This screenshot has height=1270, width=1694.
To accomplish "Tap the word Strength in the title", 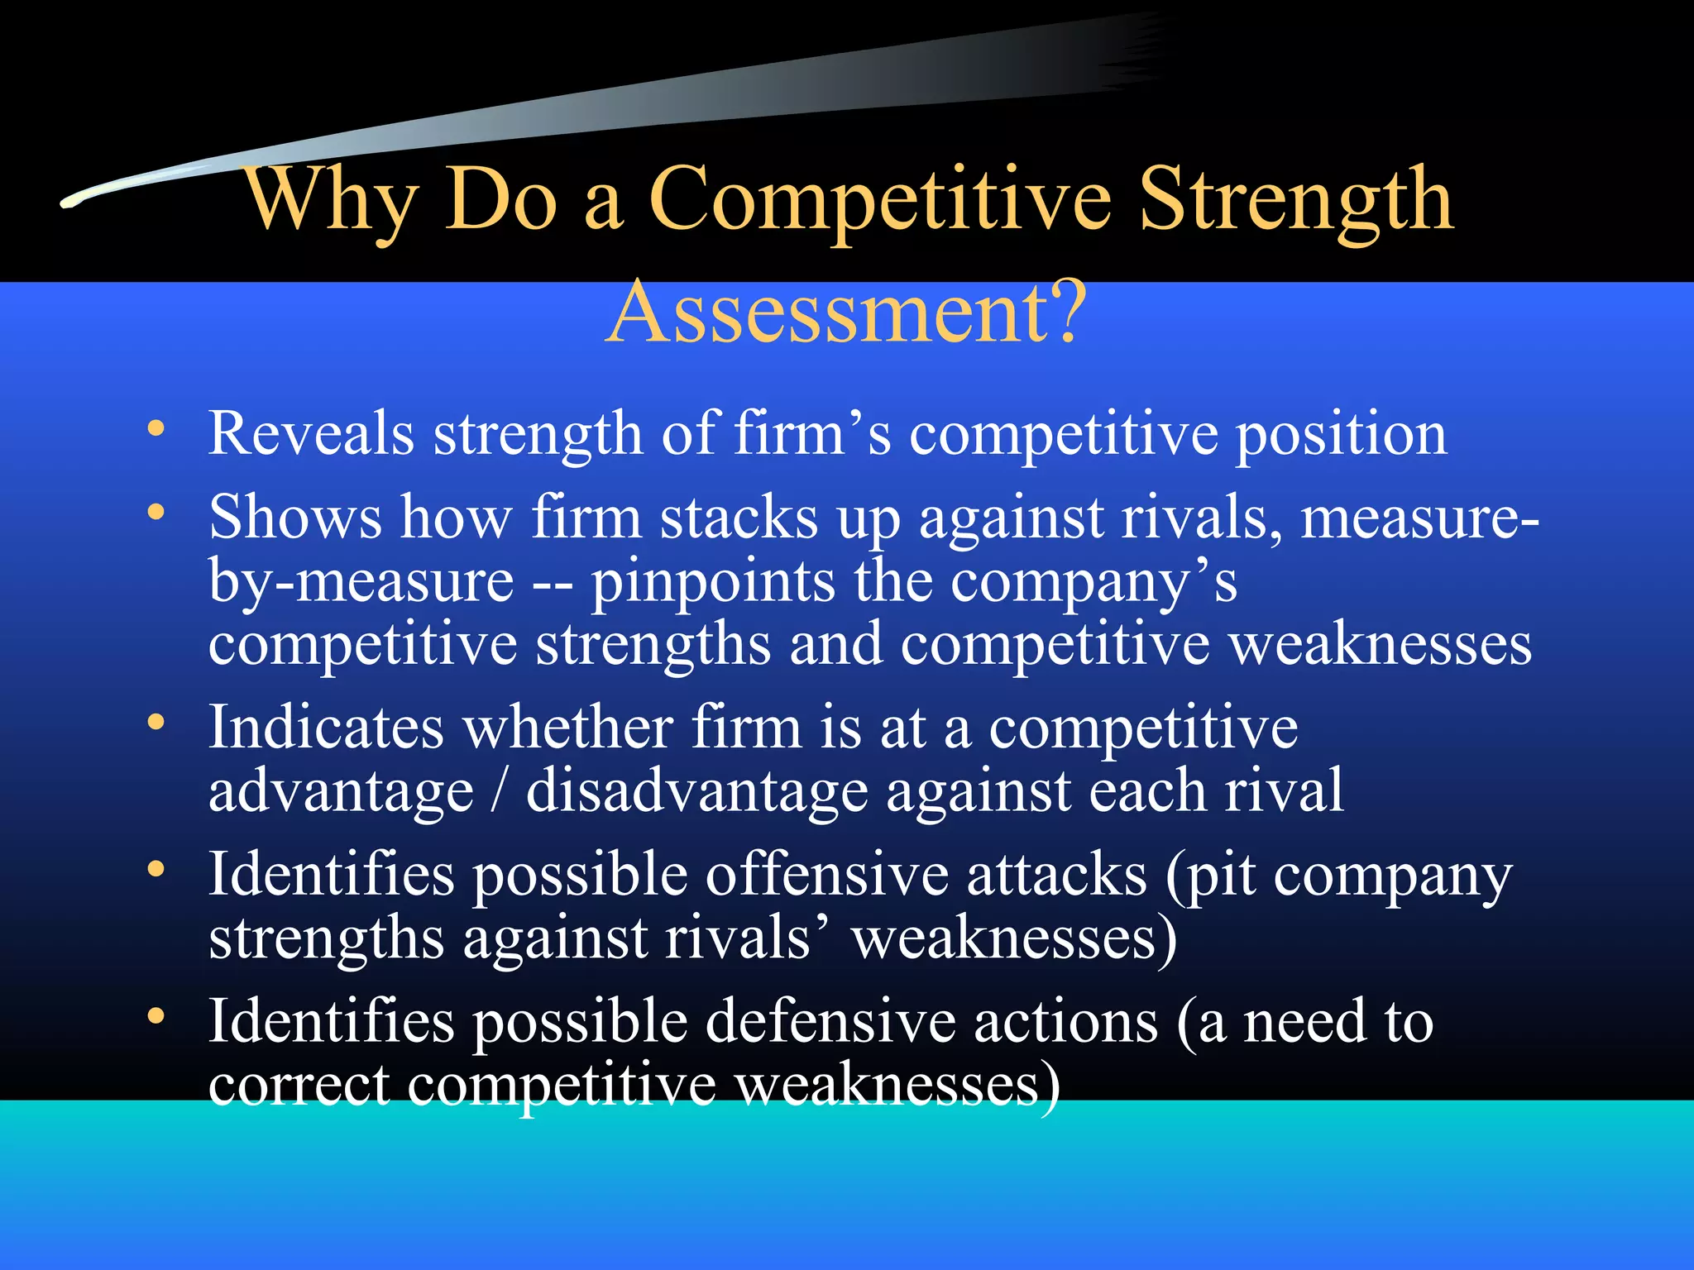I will tap(1295, 201).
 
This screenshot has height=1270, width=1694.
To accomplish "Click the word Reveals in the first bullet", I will tap(311, 433).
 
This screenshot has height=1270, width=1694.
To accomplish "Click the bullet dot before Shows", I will tap(156, 513).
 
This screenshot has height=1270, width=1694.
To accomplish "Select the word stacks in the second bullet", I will tap(739, 519).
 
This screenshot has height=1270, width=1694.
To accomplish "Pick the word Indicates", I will tap(326, 728).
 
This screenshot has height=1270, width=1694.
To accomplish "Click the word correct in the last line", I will tap(299, 1086).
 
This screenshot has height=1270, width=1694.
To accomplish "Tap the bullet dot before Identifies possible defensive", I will tap(156, 1016).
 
